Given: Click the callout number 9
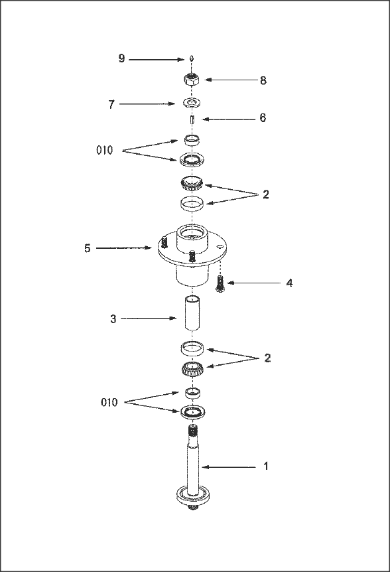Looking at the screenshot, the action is [122, 58].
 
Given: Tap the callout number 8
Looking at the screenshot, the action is [263, 80].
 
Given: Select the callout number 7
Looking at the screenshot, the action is [111, 104].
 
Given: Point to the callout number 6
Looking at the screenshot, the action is [263, 118].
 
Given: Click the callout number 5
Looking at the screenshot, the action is [88, 248].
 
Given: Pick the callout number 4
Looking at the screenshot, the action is [289, 283].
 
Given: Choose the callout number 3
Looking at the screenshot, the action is [113, 319].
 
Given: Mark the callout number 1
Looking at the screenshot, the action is [266, 466].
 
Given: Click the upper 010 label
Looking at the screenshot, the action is [105, 150].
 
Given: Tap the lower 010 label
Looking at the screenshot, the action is [109, 403].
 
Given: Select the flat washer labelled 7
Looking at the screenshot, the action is [192, 103].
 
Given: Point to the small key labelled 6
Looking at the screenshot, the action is [192, 119].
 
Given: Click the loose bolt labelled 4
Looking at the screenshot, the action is [220, 283].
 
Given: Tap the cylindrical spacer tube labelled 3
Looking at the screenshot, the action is [192, 313].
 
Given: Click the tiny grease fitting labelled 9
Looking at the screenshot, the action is [192, 59].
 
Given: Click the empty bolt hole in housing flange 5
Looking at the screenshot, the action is [219, 246].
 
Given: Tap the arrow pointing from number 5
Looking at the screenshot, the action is [124, 248].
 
